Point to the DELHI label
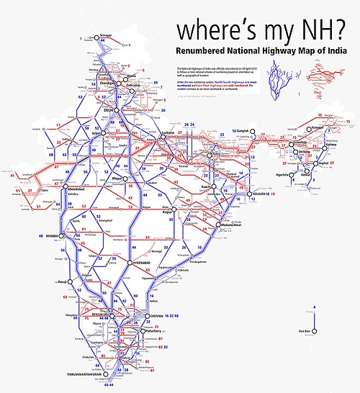tap(109, 110)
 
